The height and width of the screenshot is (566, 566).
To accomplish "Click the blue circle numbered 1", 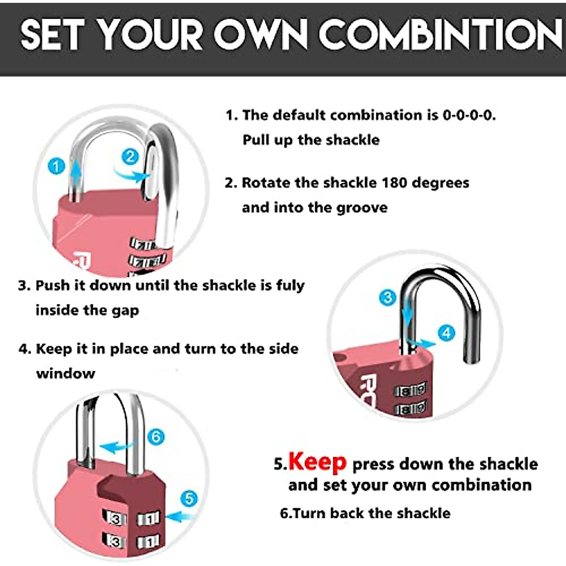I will click(57, 166).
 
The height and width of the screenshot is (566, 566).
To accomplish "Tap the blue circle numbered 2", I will click(131, 157).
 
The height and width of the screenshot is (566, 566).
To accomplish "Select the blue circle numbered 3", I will click(388, 297).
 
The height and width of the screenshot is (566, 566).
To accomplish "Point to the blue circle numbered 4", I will click(446, 333).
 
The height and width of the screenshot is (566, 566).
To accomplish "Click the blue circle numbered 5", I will click(189, 498).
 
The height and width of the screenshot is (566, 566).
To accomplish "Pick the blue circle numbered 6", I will click(156, 436).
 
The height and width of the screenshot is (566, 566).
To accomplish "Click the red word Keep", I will click(317, 462).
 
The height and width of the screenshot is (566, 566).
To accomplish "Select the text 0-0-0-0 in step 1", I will click(469, 115).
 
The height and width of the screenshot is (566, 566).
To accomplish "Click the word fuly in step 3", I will click(290, 285).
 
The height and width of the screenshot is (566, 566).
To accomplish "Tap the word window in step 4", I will click(66, 374).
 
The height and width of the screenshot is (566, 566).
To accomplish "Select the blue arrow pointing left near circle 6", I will click(116, 446).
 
